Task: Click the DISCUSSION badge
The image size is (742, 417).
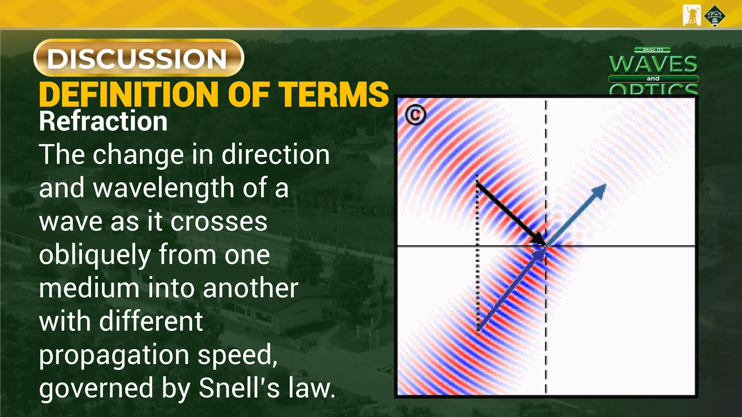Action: (x=138, y=58)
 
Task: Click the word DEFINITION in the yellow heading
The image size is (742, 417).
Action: (x=129, y=95)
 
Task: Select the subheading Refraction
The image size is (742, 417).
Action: (x=103, y=121)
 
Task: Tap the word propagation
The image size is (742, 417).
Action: (x=114, y=355)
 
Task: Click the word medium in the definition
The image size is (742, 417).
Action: (x=89, y=288)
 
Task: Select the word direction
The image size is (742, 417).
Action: (x=276, y=155)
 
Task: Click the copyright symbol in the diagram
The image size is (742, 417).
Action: (x=415, y=115)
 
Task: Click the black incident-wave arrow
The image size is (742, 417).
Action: (x=511, y=214)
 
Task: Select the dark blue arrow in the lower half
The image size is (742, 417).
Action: (x=511, y=290)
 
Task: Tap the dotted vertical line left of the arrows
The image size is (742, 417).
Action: (x=478, y=253)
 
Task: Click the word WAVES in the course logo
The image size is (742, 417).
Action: (x=653, y=64)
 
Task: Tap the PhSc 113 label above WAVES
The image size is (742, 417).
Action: (x=653, y=50)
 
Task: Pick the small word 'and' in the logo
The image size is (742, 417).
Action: (x=653, y=79)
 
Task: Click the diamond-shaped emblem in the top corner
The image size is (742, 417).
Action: (x=714, y=16)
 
